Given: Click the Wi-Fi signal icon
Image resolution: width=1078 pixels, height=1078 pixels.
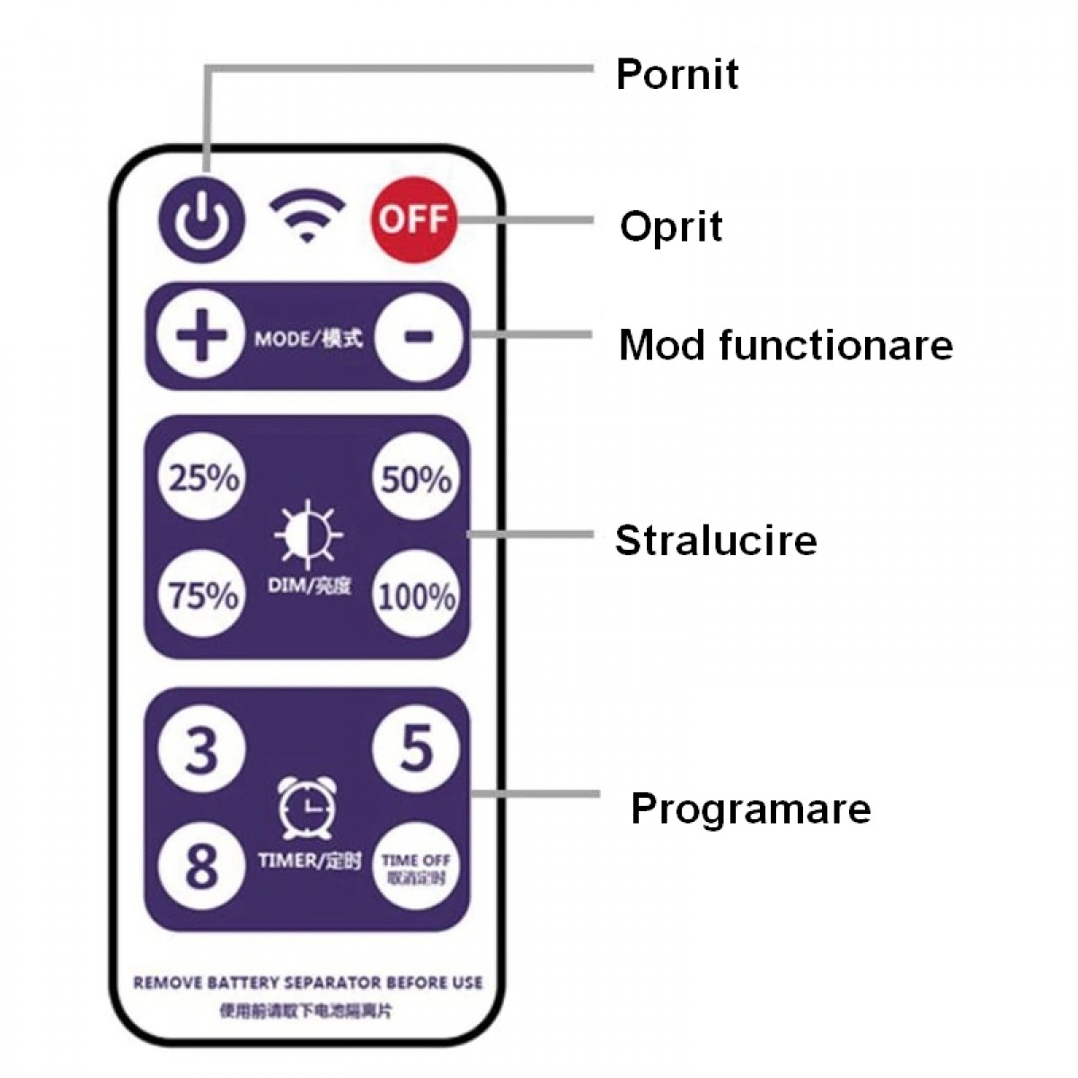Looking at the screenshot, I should [307, 216].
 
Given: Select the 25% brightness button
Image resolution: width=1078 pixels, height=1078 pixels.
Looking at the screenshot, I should [204, 478].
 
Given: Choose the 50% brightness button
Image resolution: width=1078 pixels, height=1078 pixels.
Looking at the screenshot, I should [416, 478].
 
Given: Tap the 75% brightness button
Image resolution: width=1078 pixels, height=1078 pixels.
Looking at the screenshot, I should [204, 595].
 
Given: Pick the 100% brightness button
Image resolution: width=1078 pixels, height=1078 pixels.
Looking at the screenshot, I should [416, 596].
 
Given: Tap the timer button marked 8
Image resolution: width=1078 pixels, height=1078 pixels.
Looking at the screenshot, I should [202, 864].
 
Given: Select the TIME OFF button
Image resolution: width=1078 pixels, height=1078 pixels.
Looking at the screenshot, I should [416, 867].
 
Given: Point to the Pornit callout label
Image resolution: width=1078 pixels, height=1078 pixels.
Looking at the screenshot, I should [676, 74].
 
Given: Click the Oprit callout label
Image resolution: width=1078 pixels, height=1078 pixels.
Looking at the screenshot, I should [671, 225].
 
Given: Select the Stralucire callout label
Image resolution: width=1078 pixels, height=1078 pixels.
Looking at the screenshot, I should [716, 540].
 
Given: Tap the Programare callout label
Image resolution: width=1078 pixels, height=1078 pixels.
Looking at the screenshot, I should [750, 808].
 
